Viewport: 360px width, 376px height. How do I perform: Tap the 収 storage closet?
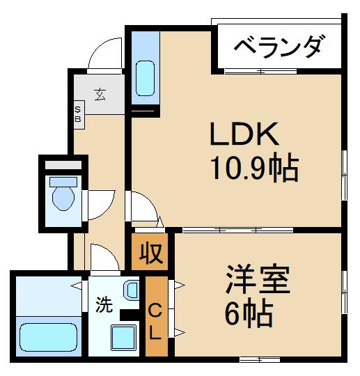152,252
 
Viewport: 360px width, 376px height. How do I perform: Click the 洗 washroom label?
103,304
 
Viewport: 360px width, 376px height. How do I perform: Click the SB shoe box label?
77,113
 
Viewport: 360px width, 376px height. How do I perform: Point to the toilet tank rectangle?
62,167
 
